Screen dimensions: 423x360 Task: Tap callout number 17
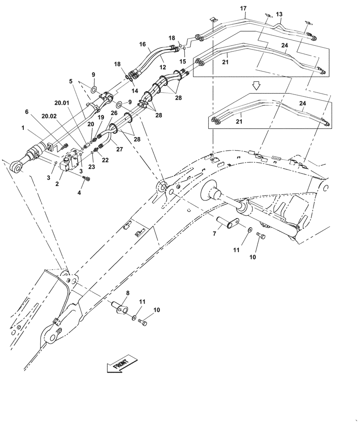click(x=243, y=8)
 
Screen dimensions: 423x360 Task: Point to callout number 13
click(x=279, y=15)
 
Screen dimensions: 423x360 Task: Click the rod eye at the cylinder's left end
click(x=17, y=168)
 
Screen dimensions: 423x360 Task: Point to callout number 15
click(x=183, y=61)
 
